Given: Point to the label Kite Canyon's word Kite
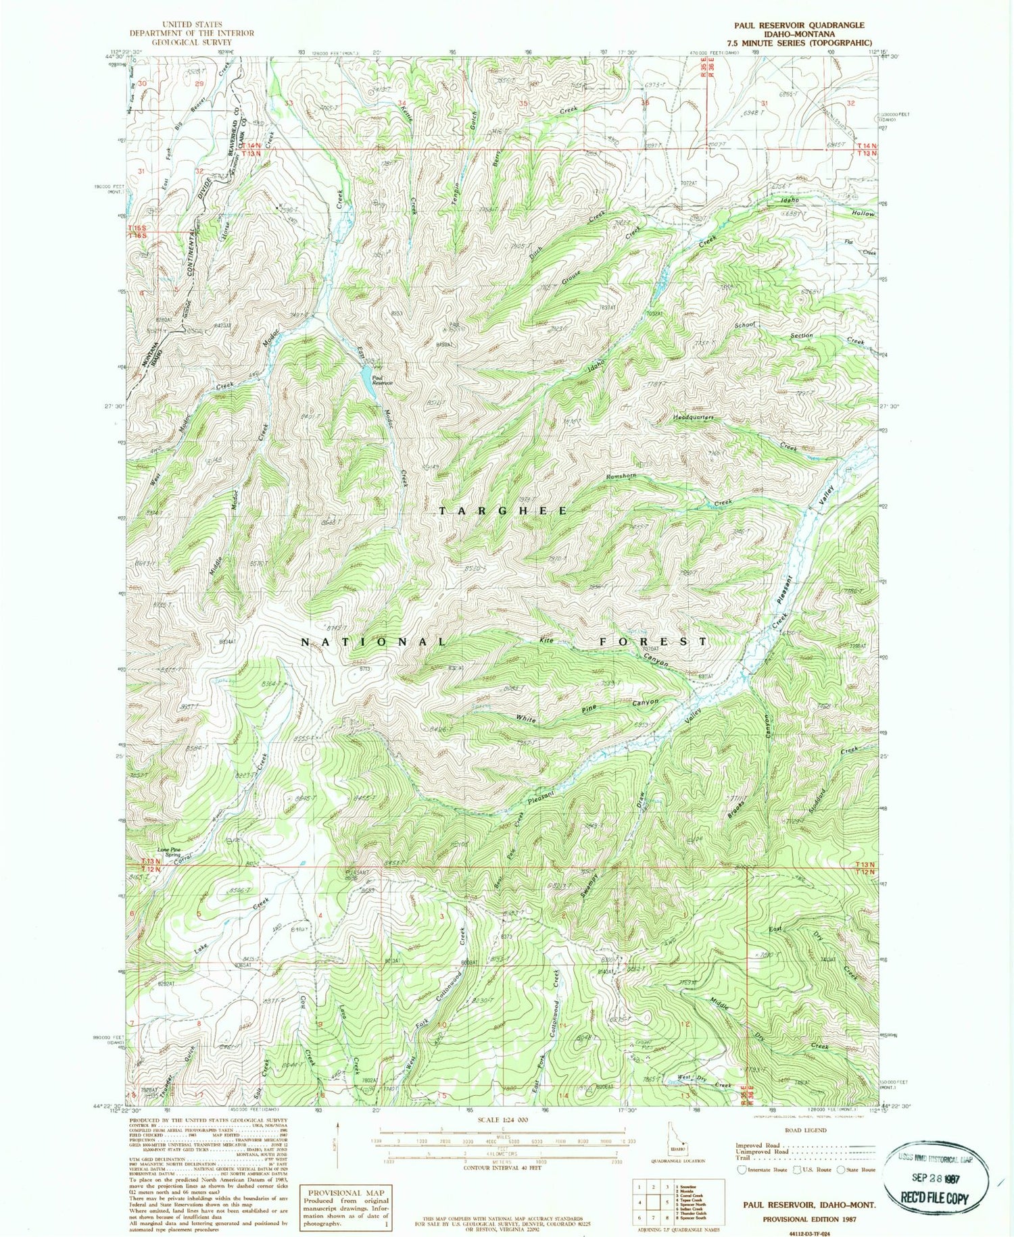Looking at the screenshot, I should pos(546,640).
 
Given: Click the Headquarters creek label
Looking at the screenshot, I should pos(693,418).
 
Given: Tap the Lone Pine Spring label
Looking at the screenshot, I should pos(169,852).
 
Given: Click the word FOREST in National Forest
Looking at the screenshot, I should pos(653,641).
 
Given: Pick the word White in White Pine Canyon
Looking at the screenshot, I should pos(526,720).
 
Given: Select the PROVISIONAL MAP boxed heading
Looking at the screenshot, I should pos(345,1193).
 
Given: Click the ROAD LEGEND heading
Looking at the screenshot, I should pos(804,1130).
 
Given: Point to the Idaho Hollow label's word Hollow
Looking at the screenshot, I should pos(862,213).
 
